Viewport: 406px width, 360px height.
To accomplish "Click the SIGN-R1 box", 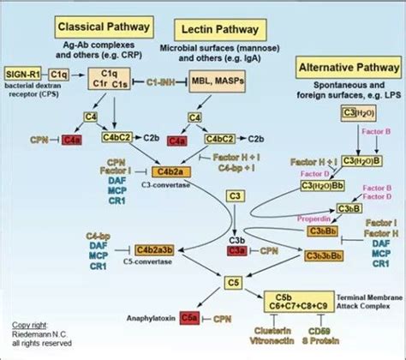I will coord(22,77).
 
